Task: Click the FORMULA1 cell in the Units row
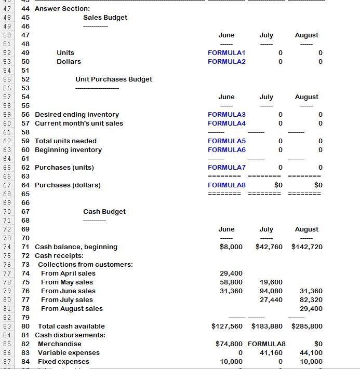pos(226,53)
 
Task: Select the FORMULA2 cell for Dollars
pos(226,62)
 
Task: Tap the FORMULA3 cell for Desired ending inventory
pos(226,115)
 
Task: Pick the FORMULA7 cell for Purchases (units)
pos(226,168)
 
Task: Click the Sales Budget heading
pos(105,18)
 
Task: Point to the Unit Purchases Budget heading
pos(114,79)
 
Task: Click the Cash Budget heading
pos(104,212)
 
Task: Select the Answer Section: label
pos(62,9)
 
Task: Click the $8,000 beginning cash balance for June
pos(231,247)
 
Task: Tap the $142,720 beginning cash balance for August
pos(307,247)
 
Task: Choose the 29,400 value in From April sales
pos(232,274)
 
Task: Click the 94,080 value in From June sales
pos(271,291)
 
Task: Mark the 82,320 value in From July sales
pos(311,300)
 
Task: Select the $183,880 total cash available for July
pos(267,326)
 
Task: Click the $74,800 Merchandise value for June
pos(229,344)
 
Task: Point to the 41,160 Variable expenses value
pos(271,353)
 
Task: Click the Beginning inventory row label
pos(68,150)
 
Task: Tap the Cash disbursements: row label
pos(70,335)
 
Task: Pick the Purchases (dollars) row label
pos(68,185)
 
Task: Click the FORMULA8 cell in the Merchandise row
pos(267,344)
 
